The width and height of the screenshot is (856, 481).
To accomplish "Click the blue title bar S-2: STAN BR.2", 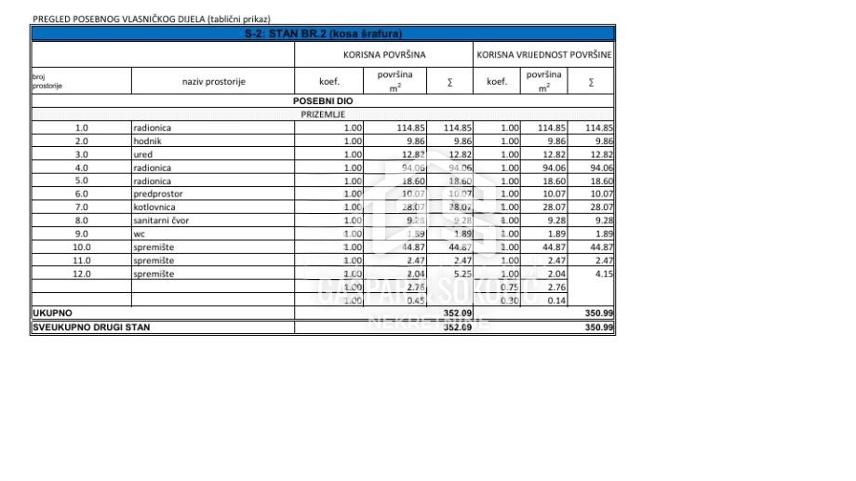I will click(x=321, y=33).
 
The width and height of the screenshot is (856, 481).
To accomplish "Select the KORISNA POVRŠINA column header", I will click(x=384, y=55).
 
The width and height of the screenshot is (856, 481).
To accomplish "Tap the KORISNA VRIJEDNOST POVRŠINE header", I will click(x=544, y=55).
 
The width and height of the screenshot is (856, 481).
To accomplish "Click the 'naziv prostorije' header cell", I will click(x=213, y=82).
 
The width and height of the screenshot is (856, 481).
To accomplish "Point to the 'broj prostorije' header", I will click(x=47, y=82).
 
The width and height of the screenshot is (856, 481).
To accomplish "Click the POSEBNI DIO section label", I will click(x=322, y=100).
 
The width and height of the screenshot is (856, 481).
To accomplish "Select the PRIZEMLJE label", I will click(x=322, y=114).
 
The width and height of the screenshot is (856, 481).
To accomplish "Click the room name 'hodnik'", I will click(x=149, y=141).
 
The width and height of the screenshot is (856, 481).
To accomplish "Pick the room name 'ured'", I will click(x=144, y=154).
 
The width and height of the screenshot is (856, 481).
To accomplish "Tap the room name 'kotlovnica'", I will click(x=154, y=207).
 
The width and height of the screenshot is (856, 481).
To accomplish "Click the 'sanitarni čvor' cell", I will click(x=161, y=220).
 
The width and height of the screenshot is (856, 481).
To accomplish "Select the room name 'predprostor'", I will click(x=157, y=194).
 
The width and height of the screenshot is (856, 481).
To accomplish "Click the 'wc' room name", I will click(x=140, y=234).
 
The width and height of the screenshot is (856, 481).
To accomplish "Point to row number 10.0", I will click(x=81, y=247).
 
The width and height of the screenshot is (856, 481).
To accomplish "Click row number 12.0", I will click(x=81, y=274).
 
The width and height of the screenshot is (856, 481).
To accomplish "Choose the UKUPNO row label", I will click(x=52, y=314).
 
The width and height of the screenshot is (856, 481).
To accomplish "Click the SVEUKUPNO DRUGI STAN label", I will click(x=91, y=327).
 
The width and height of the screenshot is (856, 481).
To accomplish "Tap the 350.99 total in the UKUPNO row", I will click(x=599, y=314).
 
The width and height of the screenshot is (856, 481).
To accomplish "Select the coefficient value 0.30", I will click(x=509, y=301).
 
